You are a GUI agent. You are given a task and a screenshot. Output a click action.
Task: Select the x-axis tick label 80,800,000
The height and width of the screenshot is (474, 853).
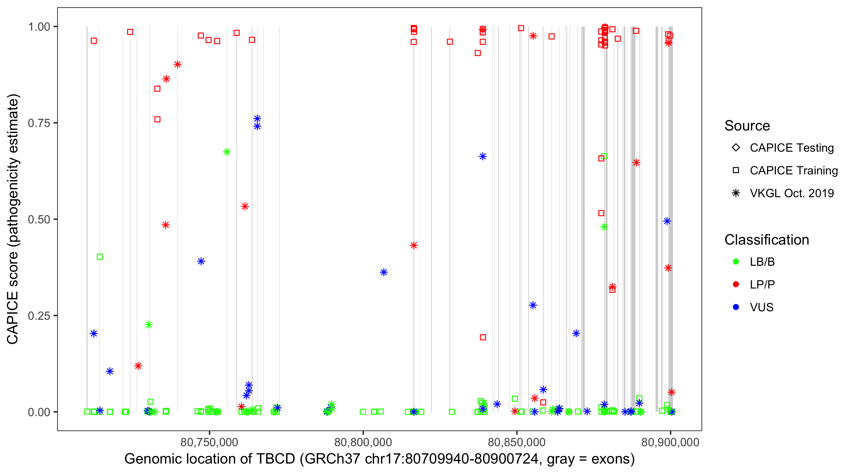(x=363, y=442)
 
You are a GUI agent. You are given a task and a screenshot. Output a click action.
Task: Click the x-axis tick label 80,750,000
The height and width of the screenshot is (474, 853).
(x=209, y=442)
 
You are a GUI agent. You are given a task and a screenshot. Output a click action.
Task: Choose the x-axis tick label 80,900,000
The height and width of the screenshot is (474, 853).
(x=670, y=442)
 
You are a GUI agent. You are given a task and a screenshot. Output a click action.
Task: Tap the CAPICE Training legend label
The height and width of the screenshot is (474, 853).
(x=794, y=171)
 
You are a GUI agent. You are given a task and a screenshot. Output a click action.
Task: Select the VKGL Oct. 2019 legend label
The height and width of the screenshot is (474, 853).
(x=792, y=193)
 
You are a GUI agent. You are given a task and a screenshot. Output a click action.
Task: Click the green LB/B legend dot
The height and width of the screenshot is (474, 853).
(x=736, y=262)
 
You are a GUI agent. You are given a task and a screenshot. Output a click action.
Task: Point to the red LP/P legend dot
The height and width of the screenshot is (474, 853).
(x=736, y=284)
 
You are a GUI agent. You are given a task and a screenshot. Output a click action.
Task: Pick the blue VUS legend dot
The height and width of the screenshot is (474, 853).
(x=736, y=307)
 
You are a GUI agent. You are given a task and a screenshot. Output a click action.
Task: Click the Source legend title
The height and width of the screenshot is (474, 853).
(x=747, y=126)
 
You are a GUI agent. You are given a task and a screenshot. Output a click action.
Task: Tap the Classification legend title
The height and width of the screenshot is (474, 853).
(x=766, y=240)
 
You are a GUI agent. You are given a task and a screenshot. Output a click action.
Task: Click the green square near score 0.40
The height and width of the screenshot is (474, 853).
(x=100, y=257)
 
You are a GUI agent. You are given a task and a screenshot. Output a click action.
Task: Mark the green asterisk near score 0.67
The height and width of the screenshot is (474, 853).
(x=227, y=152)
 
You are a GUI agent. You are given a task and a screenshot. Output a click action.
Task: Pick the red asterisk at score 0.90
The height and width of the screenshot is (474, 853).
(x=178, y=64)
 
